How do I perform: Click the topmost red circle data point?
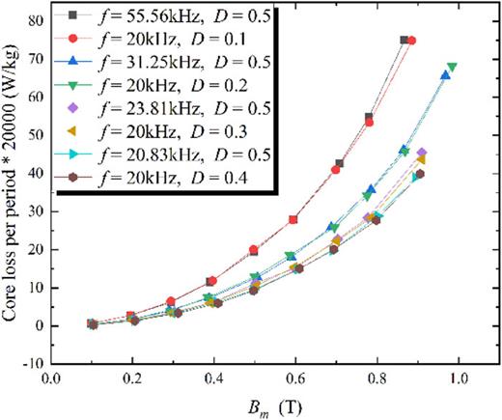click(412, 41)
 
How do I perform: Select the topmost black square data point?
click(404, 41)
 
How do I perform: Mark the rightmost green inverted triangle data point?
click(452, 68)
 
